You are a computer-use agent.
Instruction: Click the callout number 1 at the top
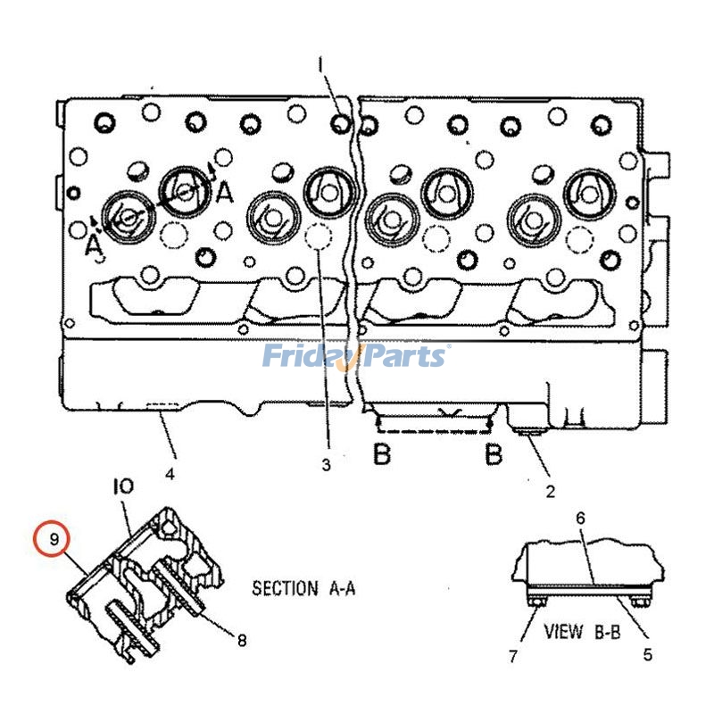click(x=321, y=64)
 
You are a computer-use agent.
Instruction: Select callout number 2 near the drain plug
click(x=550, y=490)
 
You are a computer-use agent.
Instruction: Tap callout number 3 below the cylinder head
click(x=327, y=464)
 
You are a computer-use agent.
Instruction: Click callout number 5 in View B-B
click(x=647, y=654)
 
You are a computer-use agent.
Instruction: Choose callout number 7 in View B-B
click(x=513, y=657)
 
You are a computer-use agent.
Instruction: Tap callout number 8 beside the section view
click(x=241, y=639)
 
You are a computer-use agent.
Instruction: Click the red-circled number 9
click(x=54, y=539)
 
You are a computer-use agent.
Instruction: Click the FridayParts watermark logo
click(x=355, y=357)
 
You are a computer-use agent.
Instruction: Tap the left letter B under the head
click(x=382, y=454)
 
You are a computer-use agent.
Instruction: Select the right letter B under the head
click(x=493, y=454)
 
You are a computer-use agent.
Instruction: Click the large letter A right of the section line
click(x=225, y=192)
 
